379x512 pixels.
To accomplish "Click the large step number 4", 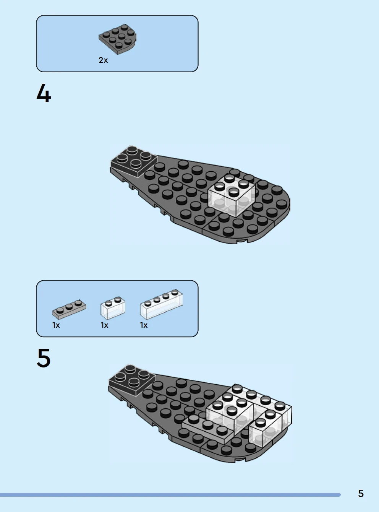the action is coord(44,93).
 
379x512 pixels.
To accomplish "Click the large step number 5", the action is coord(44,358).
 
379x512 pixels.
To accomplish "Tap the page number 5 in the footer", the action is coord(361,493).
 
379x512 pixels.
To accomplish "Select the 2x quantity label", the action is coord(103,60).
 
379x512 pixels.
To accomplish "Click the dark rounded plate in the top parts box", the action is coord(117,39).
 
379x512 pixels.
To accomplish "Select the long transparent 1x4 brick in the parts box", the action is coord(161,304).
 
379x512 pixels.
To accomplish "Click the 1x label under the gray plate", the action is coord(56,325).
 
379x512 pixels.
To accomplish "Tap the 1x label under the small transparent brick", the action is coord(105,325).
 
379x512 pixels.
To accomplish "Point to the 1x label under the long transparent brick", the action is coord(144,325).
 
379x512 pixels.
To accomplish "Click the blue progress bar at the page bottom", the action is coord(170,495).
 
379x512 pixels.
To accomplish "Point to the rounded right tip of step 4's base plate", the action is coord(289,204).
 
